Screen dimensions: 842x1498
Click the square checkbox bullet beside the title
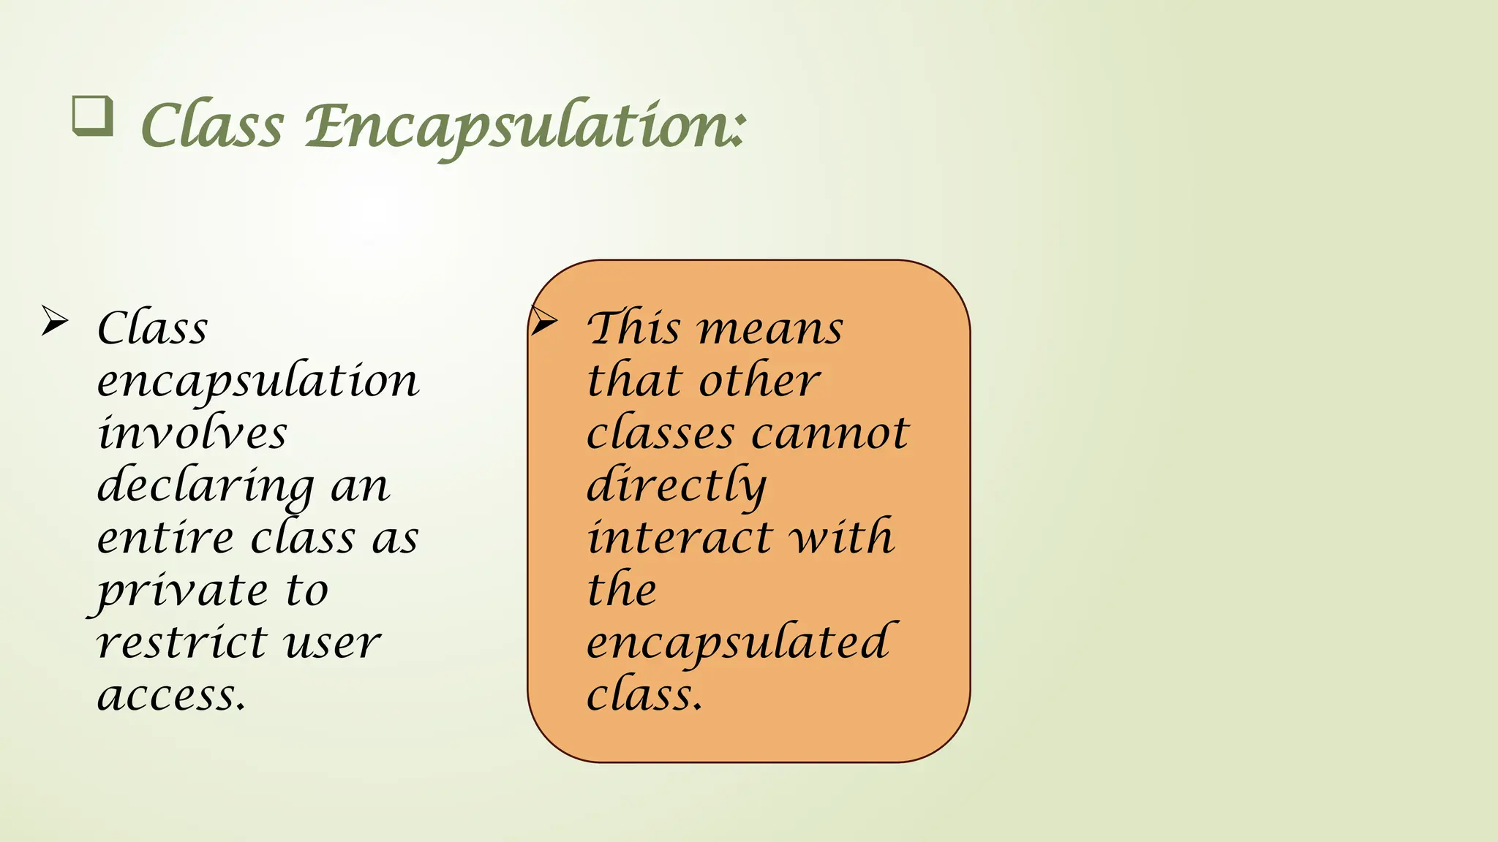pos(93,116)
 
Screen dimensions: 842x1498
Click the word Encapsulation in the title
pos(525,126)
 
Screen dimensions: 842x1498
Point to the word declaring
pos(206,486)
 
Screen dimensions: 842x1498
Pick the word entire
pos(165,538)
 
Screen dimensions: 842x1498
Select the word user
pos(333,643)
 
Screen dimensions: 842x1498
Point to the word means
pos(771,329)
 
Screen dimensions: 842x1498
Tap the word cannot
pos(831,433)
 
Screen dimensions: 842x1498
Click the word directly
pos(677,486)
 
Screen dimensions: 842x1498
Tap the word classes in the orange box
pos(660,433)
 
